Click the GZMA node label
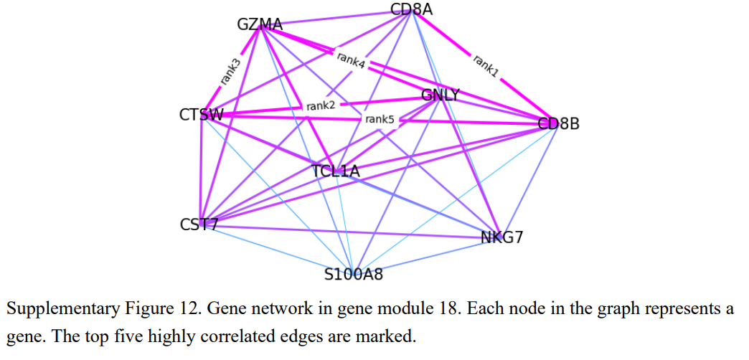click(x=260, y=25)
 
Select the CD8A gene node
click(x=412, y=9)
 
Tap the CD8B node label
click(x=559, y=124)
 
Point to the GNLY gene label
click(x=440, y=95)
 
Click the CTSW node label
click(x=202, y=115)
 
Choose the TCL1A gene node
click(x=336, y=171)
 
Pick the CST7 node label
click(x=199, y=224)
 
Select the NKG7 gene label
click(x=501, y=237)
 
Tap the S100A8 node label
click(x=354, y=274)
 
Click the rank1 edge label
click(x=486, y=65)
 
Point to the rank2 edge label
click(x=321, y=106)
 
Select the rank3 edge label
click(x=230, y=72)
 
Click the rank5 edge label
click(x=380, y=119)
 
